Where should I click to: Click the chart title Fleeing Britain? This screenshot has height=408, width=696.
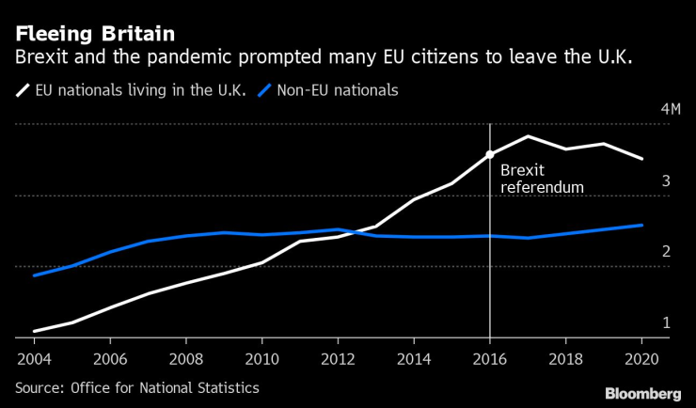tap(94, 34)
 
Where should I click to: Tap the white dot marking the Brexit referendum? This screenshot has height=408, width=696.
tap(490, 154)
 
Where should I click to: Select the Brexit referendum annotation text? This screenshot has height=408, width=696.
tap(542, 179)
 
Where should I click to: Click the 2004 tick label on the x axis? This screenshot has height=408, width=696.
tap(34, 358)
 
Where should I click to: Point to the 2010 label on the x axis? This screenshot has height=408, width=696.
tap(261, 358)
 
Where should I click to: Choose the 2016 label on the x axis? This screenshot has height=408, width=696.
tap(490, 358)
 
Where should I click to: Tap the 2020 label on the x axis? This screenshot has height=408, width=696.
tap(641, 358)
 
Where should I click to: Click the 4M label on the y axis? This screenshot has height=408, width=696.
tap(670, 110)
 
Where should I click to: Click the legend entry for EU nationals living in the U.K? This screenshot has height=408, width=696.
tap(132, 91)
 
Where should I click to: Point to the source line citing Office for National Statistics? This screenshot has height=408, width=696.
tap(136, 387)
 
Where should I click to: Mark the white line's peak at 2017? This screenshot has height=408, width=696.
tap(528, 136)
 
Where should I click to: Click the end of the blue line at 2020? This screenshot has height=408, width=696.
tap(641, 225)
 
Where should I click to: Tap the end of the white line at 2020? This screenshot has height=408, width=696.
tap(641, 159)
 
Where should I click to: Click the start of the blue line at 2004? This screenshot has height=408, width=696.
tap(34, 275)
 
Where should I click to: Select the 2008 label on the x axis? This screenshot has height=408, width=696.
tap(185, 358)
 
